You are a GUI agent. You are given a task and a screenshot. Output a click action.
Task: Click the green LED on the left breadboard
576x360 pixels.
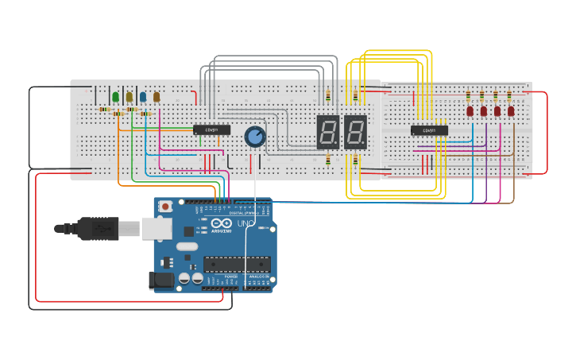tap(116, 97)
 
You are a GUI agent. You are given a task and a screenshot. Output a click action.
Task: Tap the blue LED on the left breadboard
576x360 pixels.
tap(143, 97)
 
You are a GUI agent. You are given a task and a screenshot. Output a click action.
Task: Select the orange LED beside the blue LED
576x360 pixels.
tap(157, 97)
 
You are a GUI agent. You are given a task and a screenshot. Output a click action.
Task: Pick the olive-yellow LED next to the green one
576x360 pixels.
tap(130, 97)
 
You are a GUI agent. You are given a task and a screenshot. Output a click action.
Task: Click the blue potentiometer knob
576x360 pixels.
tap(254, 137)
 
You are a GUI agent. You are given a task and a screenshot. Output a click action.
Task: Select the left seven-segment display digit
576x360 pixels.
tap(328, 132)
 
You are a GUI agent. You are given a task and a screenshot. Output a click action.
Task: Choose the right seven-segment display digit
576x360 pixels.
tap(355, 132)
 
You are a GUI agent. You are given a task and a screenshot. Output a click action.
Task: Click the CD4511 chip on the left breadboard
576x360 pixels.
tap(212, 130)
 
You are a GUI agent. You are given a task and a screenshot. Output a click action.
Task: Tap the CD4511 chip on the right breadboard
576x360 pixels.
tap(429, 130)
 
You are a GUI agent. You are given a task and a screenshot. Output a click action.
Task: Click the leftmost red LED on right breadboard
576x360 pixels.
tap(470, 111)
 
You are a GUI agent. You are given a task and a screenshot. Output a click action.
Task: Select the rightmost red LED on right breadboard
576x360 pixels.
tap(511, 111)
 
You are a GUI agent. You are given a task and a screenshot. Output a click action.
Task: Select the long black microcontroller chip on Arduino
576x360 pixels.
tap(236, 265)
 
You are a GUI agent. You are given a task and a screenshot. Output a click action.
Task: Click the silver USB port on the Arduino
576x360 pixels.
tap(157, 228)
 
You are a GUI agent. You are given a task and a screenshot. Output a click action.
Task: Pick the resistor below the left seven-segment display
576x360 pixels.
tap(328, 161)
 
